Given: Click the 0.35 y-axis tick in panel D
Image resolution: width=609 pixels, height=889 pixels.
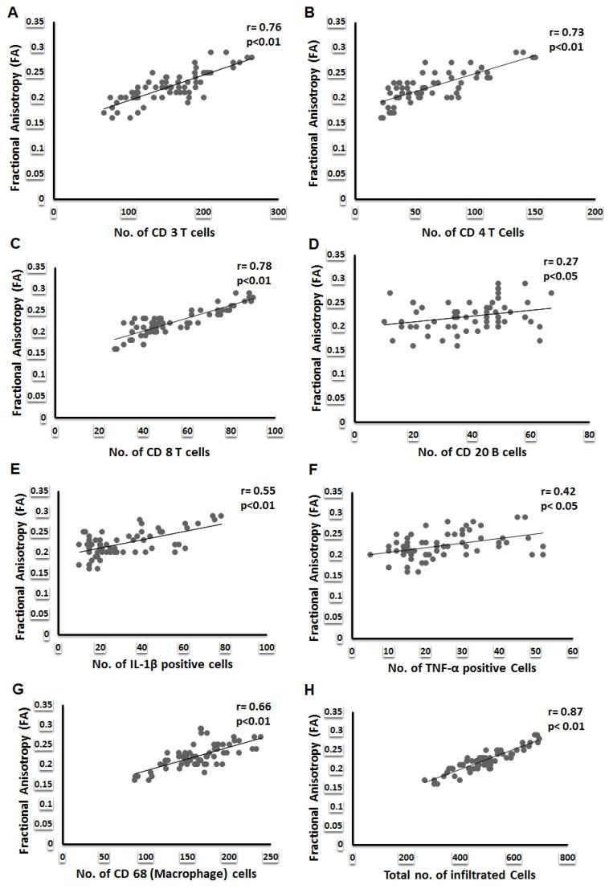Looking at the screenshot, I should (341, 255).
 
